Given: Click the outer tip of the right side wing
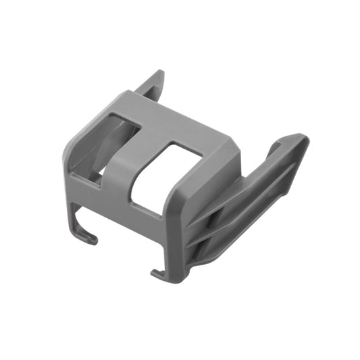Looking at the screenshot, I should coord(297,142).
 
